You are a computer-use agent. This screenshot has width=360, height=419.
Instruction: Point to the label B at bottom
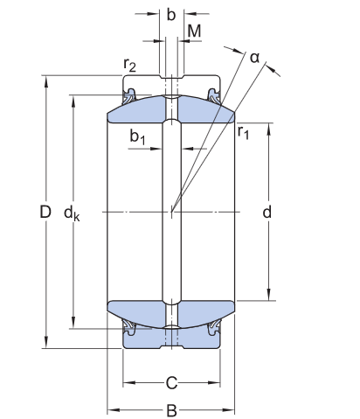click(172, 409)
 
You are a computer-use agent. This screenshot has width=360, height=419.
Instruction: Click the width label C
click(172, 382)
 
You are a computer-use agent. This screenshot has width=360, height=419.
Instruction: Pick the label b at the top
click(171, 14)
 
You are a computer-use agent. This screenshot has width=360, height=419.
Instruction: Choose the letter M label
click(195, 31)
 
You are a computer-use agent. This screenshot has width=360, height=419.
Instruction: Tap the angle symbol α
click(254, 57)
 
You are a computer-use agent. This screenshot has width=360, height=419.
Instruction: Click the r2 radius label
click(129, 65)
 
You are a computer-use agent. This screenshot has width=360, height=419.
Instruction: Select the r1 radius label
click(243, 132)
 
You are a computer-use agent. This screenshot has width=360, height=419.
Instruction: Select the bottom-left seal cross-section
click(130, 330)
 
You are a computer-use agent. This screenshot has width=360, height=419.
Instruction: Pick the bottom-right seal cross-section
click(214, 330)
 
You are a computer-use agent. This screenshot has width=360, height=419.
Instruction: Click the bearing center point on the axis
click(172, 213)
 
